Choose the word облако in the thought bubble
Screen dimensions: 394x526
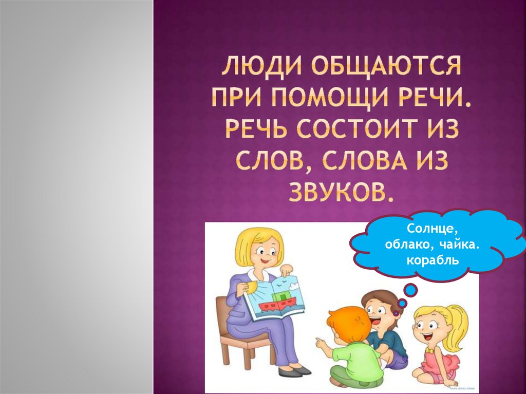[x=406, y=244]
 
